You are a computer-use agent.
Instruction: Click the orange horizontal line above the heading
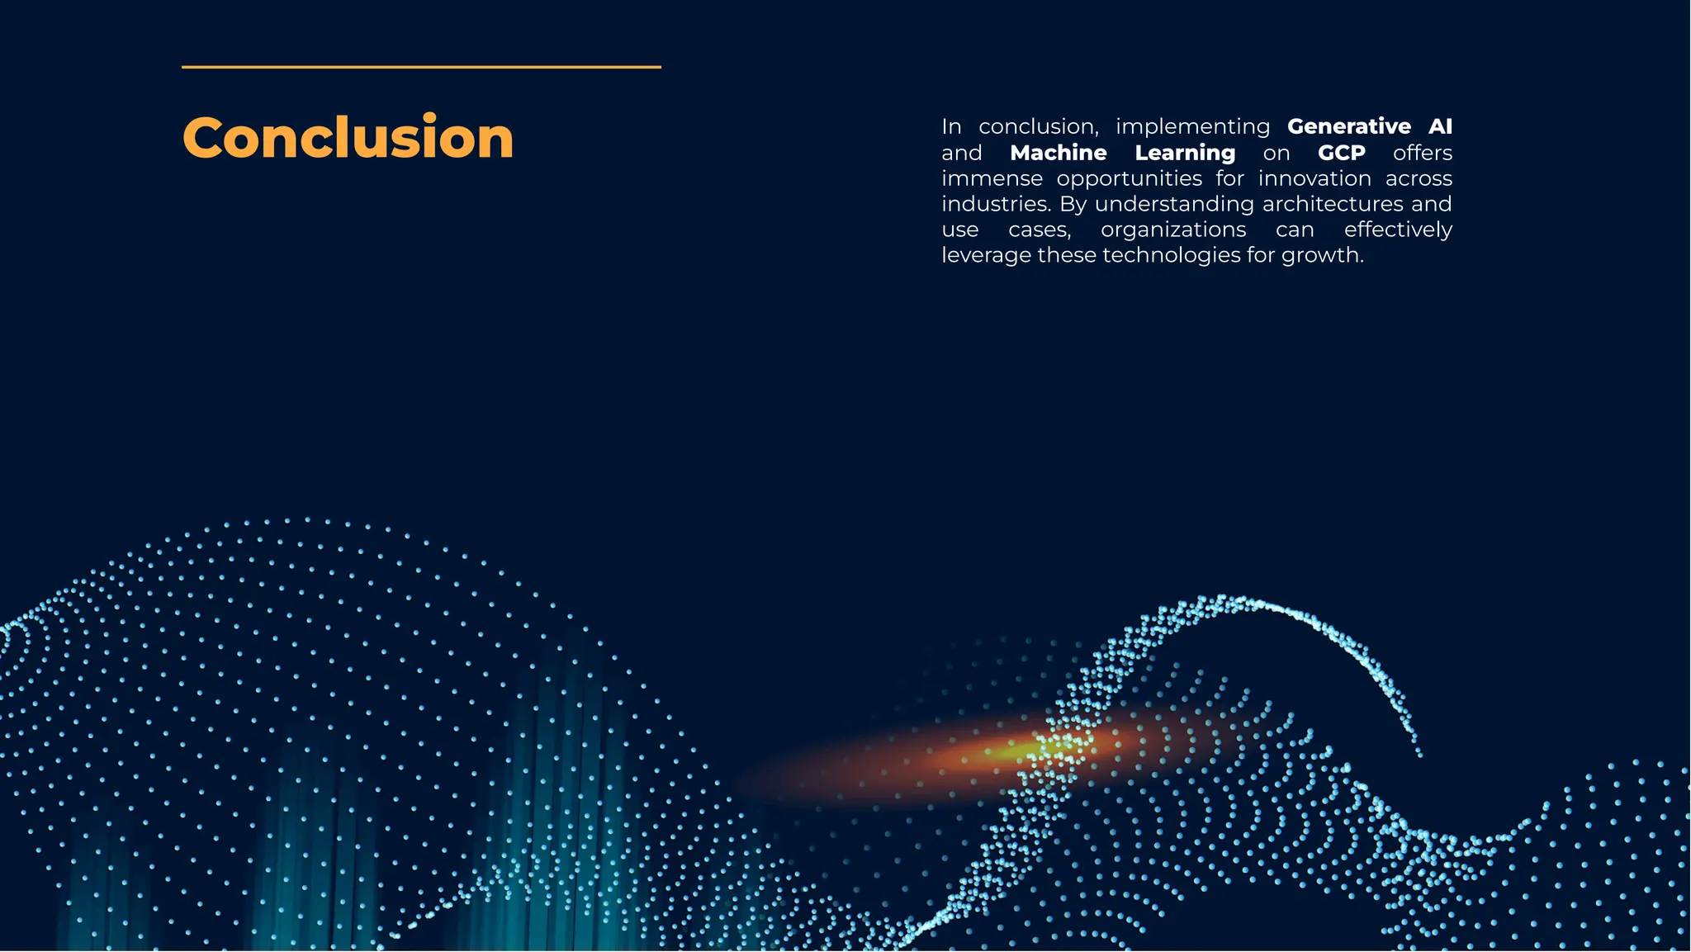coord(421,67)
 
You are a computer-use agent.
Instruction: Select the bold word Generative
coord(1348,126)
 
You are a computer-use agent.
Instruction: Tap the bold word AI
coord(1440,126)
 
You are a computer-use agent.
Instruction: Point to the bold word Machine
coord(1058,153)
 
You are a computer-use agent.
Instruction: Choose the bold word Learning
coord(1185,154)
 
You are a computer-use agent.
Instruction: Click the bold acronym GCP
coord(1341,153)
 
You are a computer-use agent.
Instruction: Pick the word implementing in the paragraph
coord(1192,127)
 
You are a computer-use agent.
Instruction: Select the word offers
coord(1422,153)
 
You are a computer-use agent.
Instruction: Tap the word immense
coord(992,178)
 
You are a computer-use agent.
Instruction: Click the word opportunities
coord(1129,179)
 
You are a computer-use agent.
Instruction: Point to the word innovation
coord(1314,178)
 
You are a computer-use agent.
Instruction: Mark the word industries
coord(996,204)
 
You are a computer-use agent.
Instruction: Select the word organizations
coord(1173,230)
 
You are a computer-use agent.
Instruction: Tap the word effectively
coord(1398,230)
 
